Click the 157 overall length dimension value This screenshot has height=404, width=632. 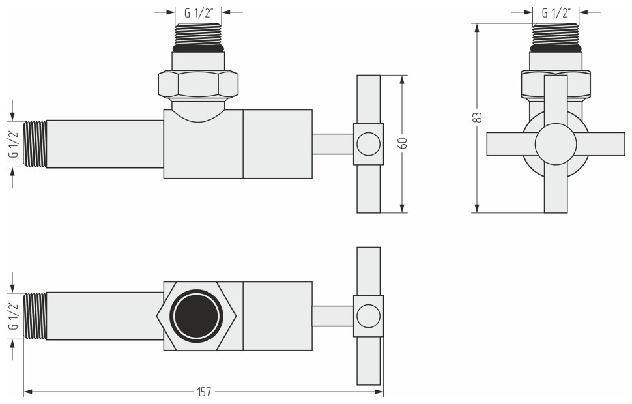(204, 392)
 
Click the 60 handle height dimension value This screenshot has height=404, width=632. (403, 143)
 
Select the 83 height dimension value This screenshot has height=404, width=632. (478, 117)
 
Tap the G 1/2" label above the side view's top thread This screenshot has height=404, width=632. (199, 12)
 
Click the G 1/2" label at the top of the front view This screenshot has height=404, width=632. (556, 12)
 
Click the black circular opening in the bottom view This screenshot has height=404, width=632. (197, 316)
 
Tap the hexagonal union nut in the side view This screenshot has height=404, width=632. (198, 84)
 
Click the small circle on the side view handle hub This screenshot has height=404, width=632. (368, 144)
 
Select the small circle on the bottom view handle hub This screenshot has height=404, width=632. (368, 316)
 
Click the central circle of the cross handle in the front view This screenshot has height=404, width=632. (555, 144)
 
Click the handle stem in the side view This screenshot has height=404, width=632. (332, 144)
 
